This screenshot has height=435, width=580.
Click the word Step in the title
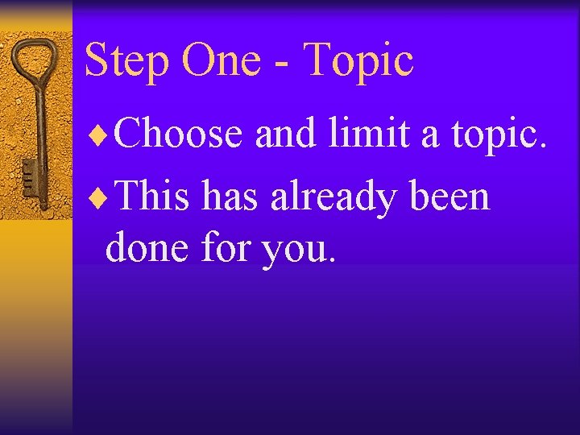coord(126,62)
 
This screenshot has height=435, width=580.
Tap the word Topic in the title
coord(360,62)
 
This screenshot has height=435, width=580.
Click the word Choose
coord(179,133)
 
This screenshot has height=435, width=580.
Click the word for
coord(226,247)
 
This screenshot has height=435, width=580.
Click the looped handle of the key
coord(37,61)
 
